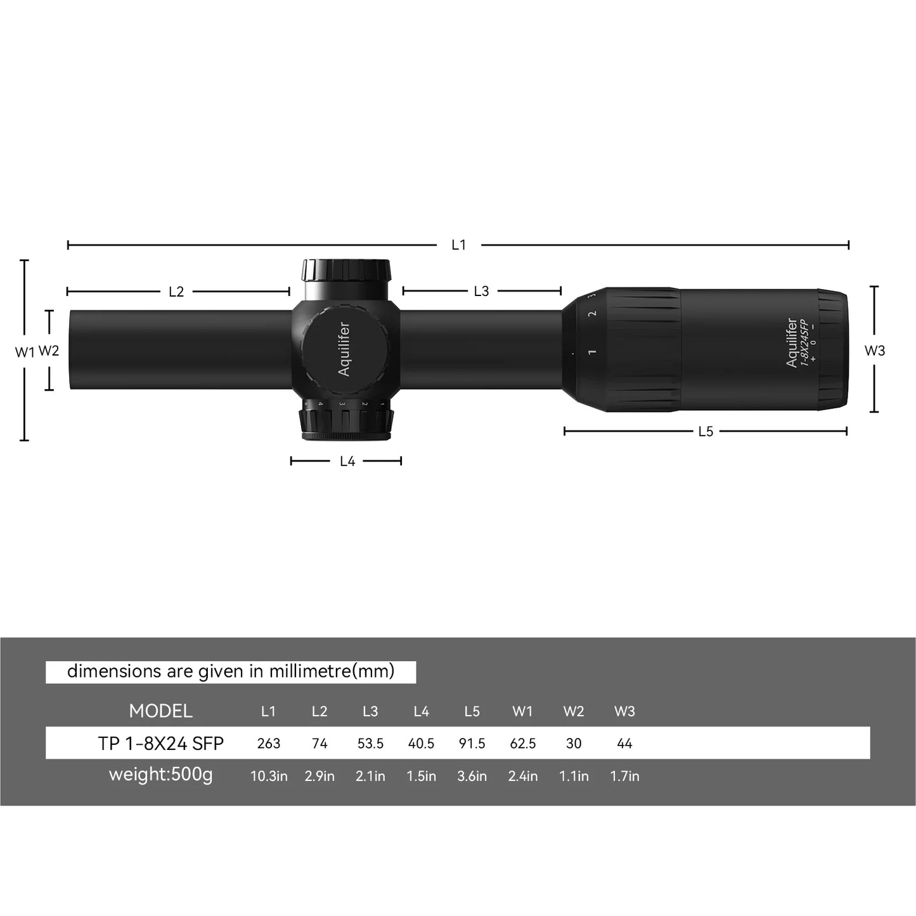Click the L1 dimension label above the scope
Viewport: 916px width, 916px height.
[458, 245]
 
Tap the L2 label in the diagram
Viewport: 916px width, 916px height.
[176, 292]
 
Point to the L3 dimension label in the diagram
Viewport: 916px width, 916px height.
[481, 291]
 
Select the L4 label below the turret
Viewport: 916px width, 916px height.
[347, 461]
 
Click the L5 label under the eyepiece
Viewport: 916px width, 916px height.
[706, 432]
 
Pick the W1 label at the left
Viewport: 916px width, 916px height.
[24, 352]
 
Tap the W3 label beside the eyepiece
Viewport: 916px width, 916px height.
[875, 351]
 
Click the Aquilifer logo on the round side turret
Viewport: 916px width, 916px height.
[344, 349]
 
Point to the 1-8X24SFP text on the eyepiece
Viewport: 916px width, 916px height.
[804, 343]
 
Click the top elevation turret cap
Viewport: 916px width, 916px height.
[346, 271]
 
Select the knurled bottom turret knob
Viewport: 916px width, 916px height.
[346, 423]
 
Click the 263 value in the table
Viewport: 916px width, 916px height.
[269, 744]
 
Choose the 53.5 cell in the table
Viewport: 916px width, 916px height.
[370, 744]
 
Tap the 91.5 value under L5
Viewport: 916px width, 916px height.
[472, 744]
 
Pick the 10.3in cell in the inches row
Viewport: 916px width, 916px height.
[269, 776]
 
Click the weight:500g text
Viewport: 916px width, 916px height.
[160, 775]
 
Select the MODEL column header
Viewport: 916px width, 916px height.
[160, 711]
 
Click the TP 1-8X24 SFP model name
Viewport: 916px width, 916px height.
[161, 744]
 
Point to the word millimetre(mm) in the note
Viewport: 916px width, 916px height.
[332, 671]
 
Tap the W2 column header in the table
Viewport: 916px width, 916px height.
[574, 711]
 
